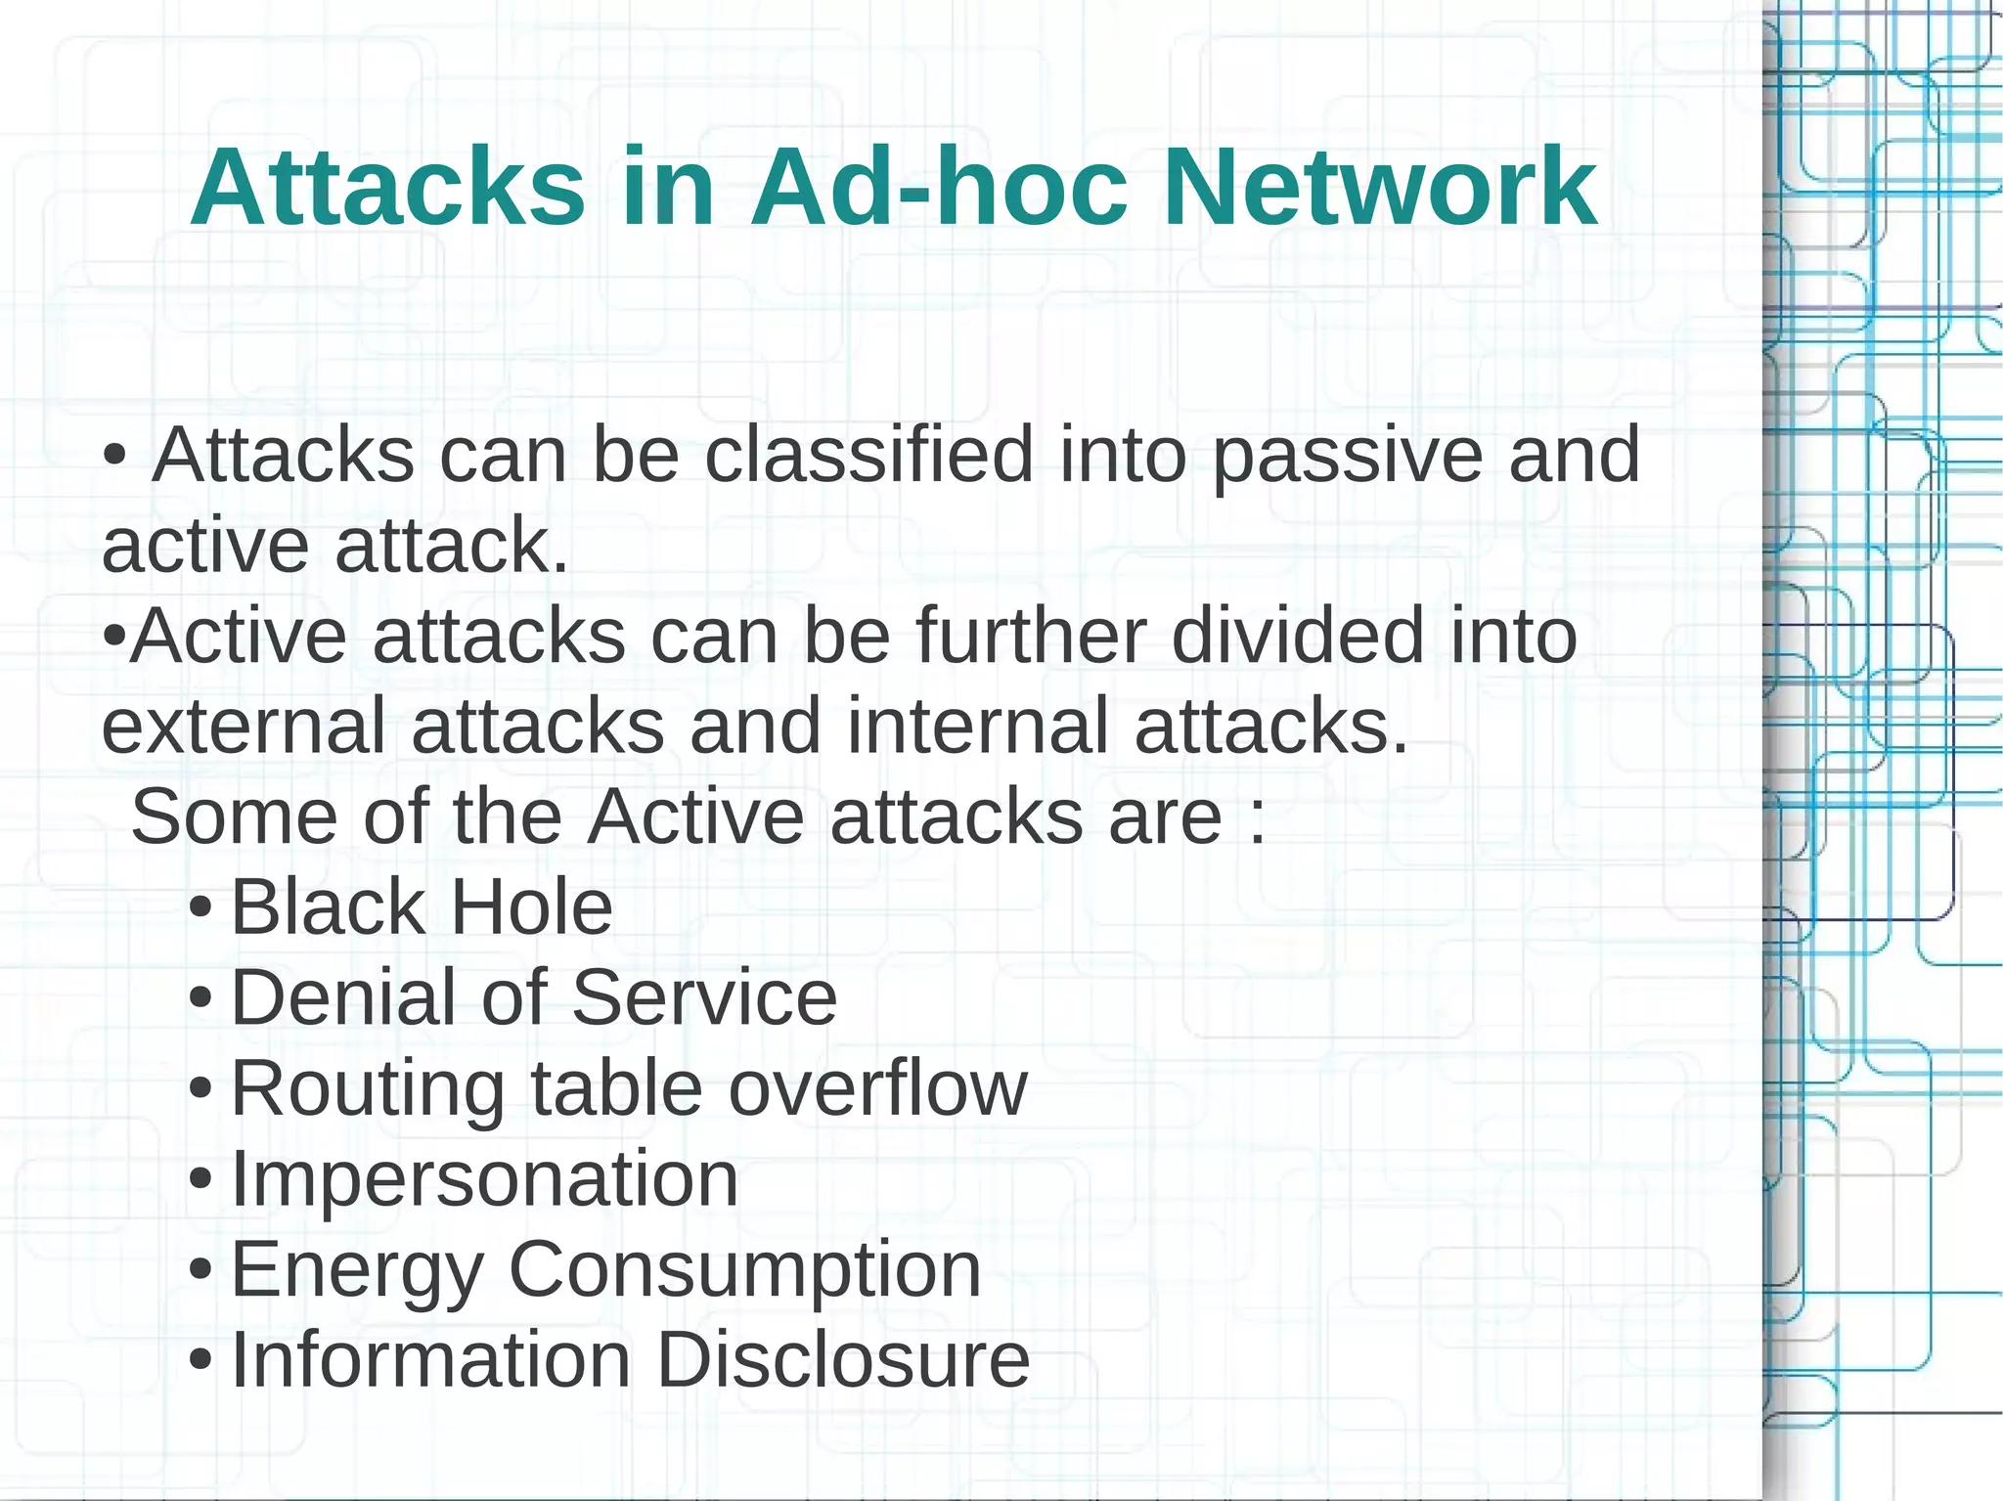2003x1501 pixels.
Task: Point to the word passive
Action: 1347,458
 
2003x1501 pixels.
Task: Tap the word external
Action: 244,726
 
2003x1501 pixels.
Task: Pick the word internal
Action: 977,726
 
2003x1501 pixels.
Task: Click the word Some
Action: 235,817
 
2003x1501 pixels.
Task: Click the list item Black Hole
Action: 422,907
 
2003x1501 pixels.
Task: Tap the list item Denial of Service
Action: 533,997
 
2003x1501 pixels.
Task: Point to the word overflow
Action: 877,1088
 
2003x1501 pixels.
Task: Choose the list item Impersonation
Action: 484,1179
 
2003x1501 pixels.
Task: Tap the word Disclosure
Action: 843,1360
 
